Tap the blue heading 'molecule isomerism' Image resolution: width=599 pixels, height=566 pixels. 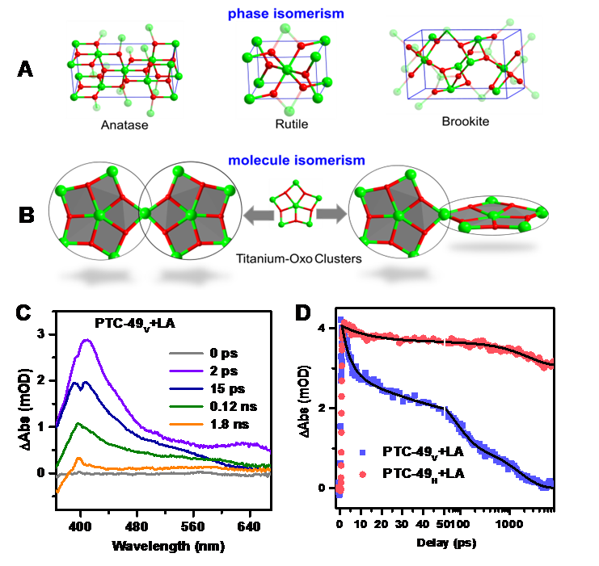click(286, 160)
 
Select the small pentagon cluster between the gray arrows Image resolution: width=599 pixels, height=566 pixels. click(295, 203)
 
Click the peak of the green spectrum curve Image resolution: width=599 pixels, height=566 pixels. click(77, 423)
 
